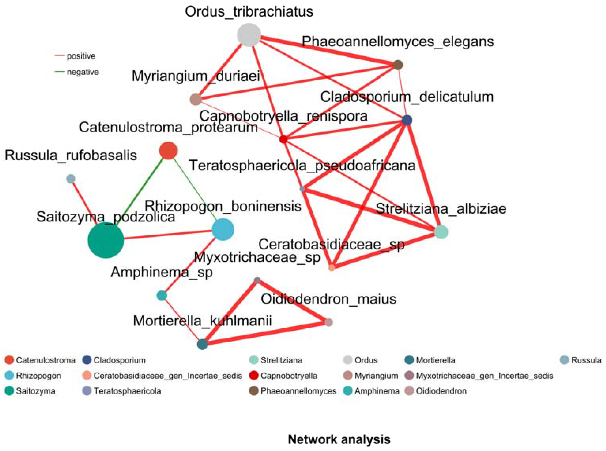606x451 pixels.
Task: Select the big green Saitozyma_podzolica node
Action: (x=106, y=240)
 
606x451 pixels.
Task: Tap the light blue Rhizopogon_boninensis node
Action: (x=223, y=229)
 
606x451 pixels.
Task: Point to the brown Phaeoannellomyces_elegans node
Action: (x=398, y=65)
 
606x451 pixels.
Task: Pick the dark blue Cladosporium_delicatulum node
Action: (x=407, y=120)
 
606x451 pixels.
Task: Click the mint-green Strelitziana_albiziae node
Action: (x=441, y=232)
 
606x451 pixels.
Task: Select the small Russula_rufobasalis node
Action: (x=71, y=179)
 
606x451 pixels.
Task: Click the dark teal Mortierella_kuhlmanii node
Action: (x=202, y=344)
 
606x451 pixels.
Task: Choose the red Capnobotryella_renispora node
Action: (x=283, y=139)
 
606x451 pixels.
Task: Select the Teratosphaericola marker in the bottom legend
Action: (x=86, y=391)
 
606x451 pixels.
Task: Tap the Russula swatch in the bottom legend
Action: (x=564, y=360)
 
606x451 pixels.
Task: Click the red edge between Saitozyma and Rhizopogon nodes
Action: (x=168, y=235)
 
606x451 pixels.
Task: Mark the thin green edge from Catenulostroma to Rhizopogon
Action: (x=195, y=188)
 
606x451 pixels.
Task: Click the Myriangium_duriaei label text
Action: (x=195, y=76)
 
